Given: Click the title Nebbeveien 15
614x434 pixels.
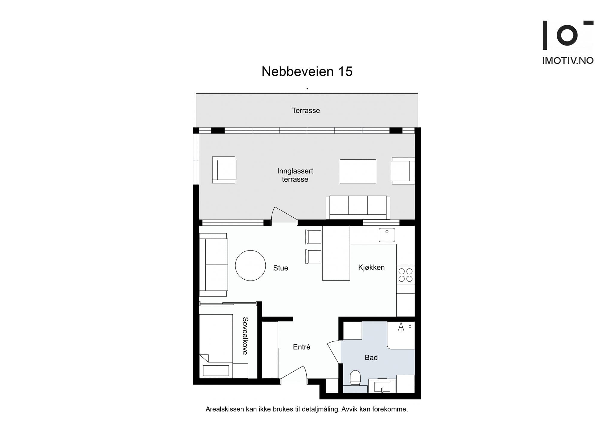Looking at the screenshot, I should click(307, 71).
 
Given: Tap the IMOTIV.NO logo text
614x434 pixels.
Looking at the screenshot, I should click(568, 61).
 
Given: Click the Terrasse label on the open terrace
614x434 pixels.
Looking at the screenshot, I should click(306, 111).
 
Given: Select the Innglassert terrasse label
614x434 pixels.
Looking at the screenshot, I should click(295, 175).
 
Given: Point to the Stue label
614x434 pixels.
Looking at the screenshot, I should click(280, 268).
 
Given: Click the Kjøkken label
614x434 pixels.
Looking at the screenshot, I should click(371, 267).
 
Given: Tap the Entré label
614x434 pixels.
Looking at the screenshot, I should click(301, 347).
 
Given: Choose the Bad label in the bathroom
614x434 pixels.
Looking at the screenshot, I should click(371, 358).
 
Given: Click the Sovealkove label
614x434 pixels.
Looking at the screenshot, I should click(245, 336).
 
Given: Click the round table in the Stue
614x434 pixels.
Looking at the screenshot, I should click(250, 266).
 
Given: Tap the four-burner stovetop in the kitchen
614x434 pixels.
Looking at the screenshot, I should click(405, 275).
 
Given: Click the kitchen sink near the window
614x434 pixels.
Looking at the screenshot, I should click(387, 235).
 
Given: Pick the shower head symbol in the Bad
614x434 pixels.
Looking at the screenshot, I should click(401, 327).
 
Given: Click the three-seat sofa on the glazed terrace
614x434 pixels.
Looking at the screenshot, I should click(358, 207).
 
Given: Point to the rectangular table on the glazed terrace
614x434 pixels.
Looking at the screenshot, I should click(358, 171).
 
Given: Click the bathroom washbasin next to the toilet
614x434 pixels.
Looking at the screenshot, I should click(382, 386).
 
